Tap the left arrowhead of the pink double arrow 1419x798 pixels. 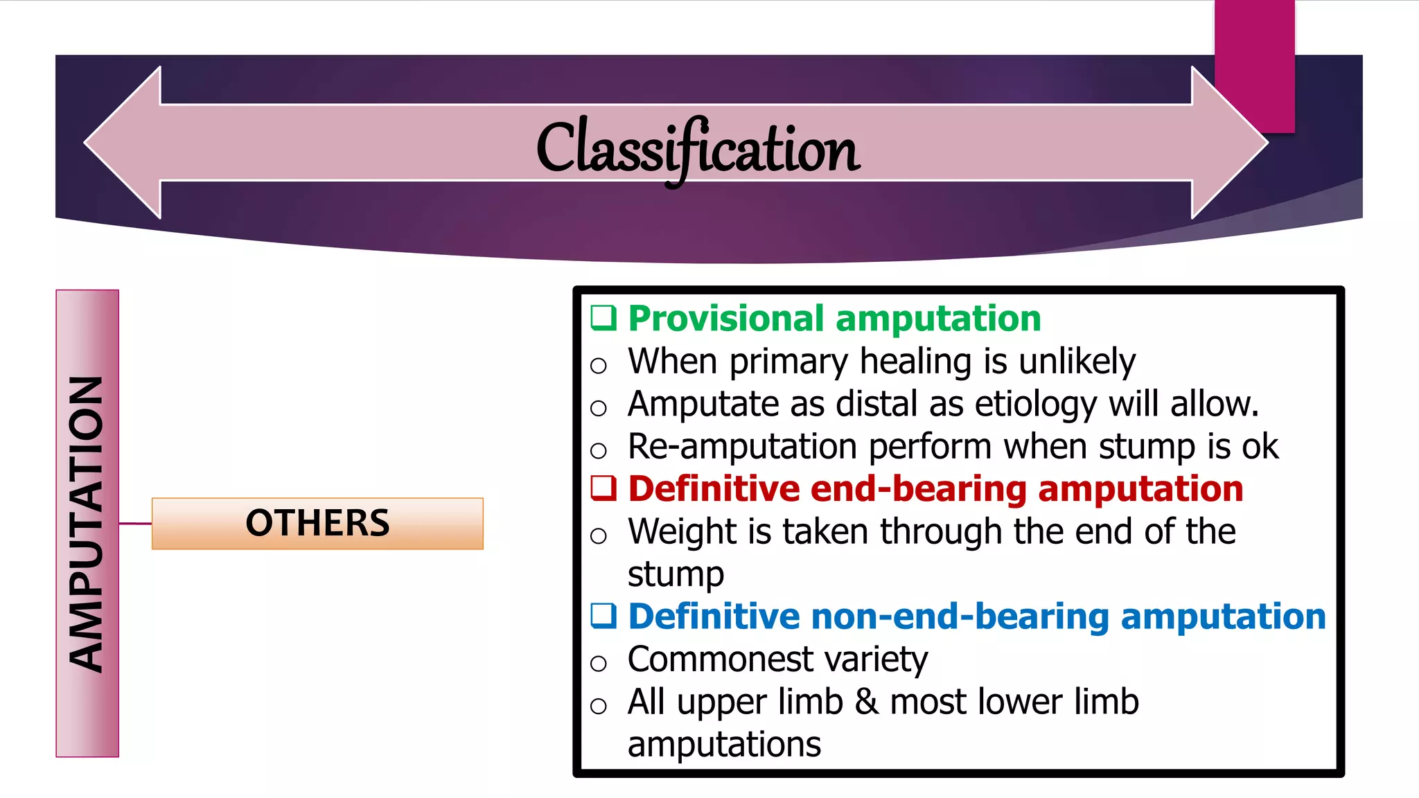[x=125, y=143]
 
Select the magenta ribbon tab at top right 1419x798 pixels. [x=1254, y=66]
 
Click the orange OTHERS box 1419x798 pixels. [x=317, y=523]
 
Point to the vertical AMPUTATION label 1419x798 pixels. [x=87, y=523]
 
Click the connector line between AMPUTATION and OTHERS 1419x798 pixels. [x=135, y=523]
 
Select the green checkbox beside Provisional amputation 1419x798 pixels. [x=603, y=318]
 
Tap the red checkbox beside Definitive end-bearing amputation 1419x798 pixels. [x=603, y=488]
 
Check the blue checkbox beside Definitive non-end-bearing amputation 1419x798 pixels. [x=603, y=615]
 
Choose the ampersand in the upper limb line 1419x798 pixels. [x=866, y=702]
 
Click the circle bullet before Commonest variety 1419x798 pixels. [x=598, y=664]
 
